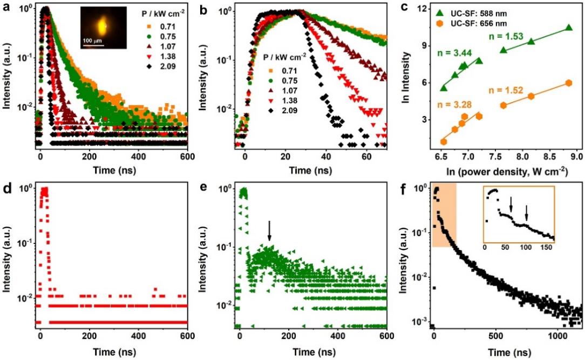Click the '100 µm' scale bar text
pyautogui.click(x=92, y=42)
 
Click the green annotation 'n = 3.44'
pyautogui.click(x=454, y=52)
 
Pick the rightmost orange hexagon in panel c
pyautogui.click(x=568, y=83)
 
